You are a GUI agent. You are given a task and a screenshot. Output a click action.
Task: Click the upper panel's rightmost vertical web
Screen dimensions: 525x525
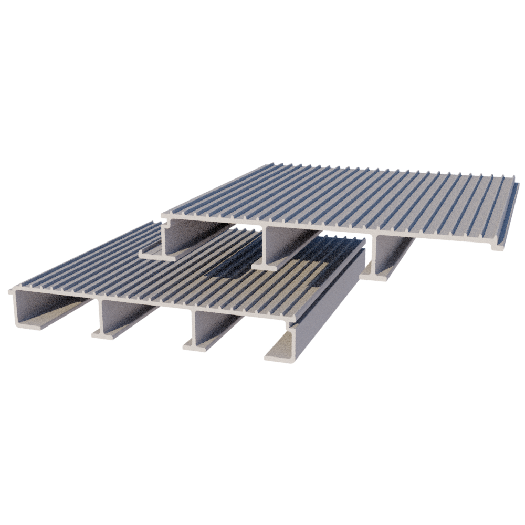coord(376,252)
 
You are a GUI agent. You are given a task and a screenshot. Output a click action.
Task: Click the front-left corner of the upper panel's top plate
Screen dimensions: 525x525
coord(163,215)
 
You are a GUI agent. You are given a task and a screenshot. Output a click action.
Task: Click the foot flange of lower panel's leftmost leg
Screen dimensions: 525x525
coord(31,325)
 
